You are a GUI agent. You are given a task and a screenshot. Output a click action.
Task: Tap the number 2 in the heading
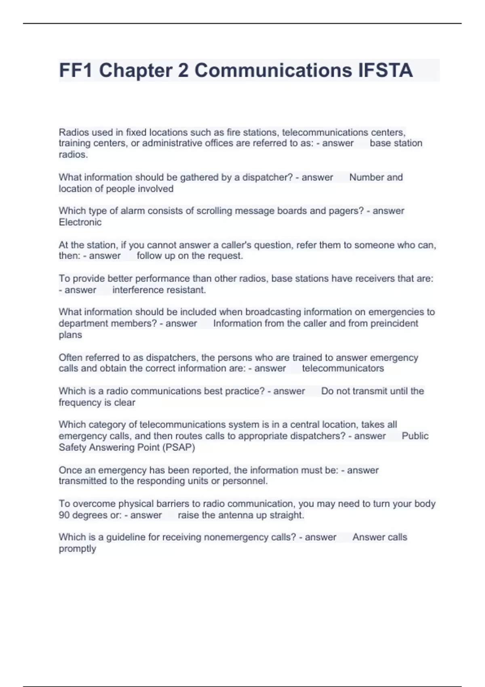pos(183,70)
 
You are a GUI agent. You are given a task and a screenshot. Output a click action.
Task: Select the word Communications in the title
pos(273,70)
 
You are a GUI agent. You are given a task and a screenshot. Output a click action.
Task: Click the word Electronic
pos(80,222)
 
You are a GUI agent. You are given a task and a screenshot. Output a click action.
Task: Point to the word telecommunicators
pos(343,368)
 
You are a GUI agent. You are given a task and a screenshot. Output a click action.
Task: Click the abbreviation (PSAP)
pos(178,447)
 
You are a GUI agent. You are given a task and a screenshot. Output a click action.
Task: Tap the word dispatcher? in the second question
pos(267,177)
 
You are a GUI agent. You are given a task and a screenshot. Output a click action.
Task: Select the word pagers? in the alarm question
pos(347,211)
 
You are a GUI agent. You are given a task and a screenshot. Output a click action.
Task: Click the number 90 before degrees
pos(64,515)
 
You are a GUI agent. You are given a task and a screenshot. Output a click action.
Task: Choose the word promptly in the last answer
pos(77,549)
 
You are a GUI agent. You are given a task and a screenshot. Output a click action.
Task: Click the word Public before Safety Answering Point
pos(415,436)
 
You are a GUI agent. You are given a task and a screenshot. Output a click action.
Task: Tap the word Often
pos(70,358)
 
